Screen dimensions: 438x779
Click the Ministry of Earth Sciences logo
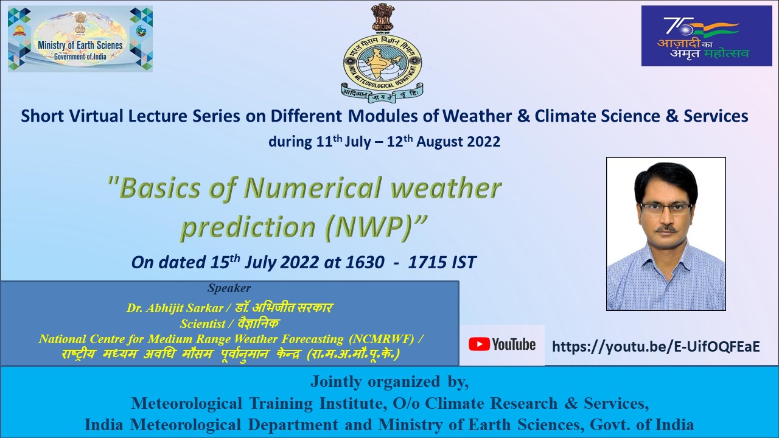pyautogui.click(x=80, y=39)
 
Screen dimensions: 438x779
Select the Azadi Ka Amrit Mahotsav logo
pyautogui.click(x=706, y=36)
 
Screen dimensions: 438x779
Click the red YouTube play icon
pyautogui.click(x=479, y=345)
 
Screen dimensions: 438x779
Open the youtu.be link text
pyautogui.click(x=655, y=347)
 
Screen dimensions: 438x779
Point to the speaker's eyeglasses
pyautogui.click(x=666, y=208)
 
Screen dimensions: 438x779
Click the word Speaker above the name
pyautogui.click(x=229, y=288)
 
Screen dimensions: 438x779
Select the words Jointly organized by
pyautogui.click(x=389, y=381)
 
